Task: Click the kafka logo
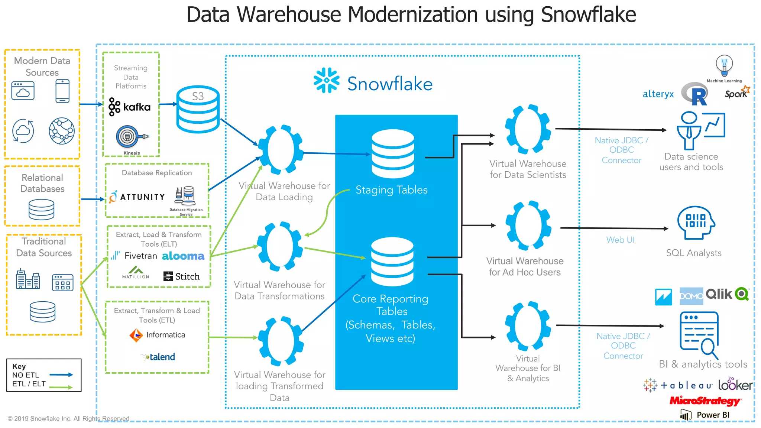130,107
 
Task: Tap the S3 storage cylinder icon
198,109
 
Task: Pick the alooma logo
183,256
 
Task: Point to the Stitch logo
182,276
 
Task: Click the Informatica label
165,335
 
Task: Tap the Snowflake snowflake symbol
327,80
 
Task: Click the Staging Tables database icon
393,153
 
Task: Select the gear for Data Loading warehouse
281,149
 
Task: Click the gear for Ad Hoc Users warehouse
528,226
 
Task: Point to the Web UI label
620,240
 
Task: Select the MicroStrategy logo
705,401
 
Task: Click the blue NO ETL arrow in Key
61,375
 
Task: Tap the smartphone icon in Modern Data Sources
62,91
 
